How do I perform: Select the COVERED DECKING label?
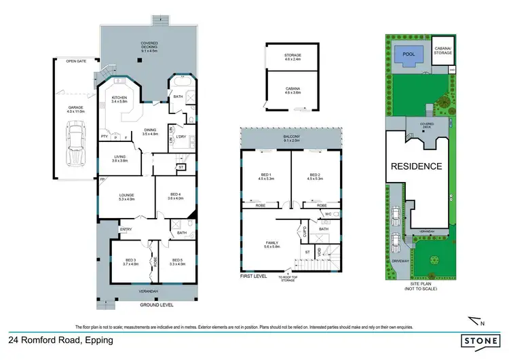(x=149, y=44)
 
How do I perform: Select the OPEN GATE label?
(x=75, y=61)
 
